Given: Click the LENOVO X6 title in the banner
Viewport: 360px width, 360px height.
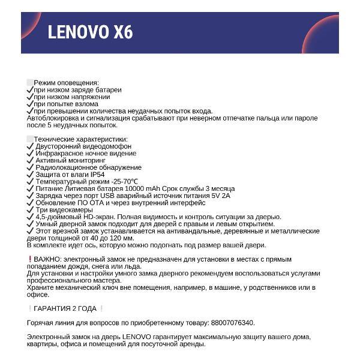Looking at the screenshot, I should pyautogui.click(x=90, y=32).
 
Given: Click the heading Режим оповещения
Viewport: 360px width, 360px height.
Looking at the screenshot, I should pyautogui.click(x=66, y=82).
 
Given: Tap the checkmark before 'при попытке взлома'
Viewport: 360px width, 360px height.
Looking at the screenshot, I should pyautogui.click(x=30, y=104).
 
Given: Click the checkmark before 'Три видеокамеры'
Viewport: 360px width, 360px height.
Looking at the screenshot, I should pyautogui.click(x=30, y=210).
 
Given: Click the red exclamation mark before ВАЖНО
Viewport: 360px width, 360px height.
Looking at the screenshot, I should pyautogui.click(x=29, y=259).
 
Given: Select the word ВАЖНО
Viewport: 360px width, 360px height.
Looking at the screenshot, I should pyautogui.click(x=46, y=259).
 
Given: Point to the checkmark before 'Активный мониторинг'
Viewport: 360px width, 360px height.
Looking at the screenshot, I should pyautogui.click(x=30, y=161).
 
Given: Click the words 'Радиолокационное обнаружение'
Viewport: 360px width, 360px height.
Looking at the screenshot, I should pyautogui.click(x=88, y=168).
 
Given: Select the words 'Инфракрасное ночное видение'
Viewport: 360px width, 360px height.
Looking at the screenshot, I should pyautogui.click(x=86, y=154).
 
